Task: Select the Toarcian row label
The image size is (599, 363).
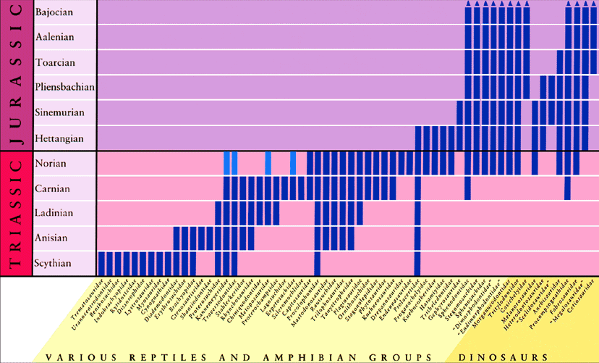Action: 55,62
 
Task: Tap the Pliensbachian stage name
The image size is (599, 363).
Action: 64,88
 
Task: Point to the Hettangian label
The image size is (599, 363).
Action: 59,138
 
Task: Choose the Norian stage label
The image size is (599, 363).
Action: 50,163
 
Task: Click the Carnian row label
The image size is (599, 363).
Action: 52,188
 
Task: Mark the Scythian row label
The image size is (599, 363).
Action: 53,263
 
